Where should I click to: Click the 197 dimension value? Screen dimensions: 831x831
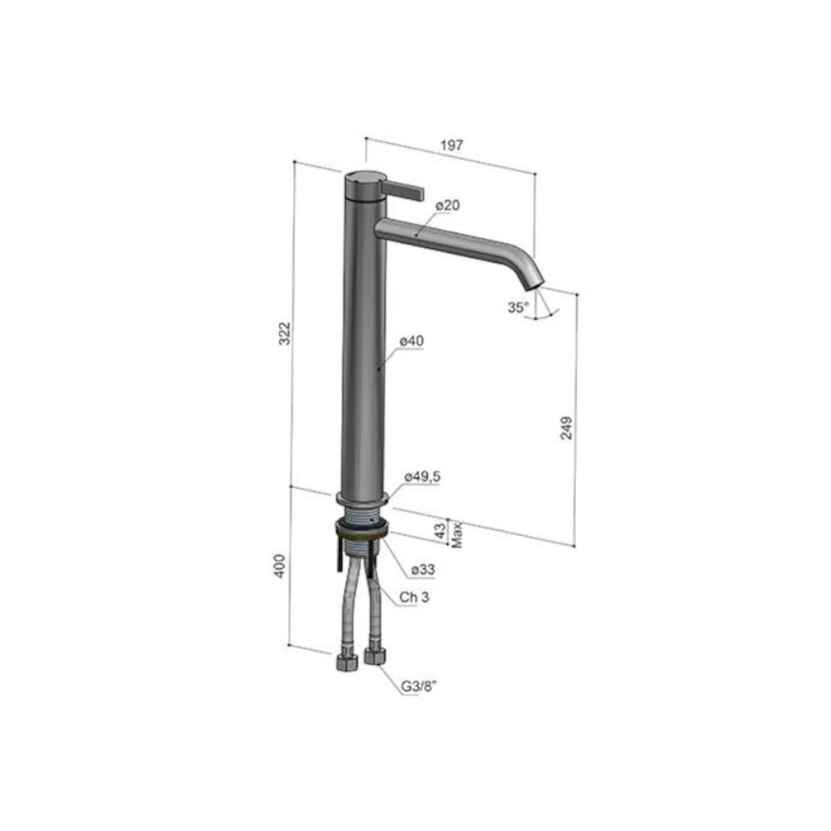pos(451,145)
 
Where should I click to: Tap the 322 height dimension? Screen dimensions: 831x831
pos(285,333)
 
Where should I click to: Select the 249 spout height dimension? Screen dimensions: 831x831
pos(567,428)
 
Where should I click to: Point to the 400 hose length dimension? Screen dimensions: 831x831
pos(280,565)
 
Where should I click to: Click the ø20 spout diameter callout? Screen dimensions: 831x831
pos(448,205)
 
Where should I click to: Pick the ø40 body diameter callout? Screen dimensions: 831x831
pos(412,341)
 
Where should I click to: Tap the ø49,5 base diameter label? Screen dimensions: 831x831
pos(422,476)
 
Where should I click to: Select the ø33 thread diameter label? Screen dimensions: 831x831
pos(423,569)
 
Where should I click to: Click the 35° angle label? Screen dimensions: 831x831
pos(518,307)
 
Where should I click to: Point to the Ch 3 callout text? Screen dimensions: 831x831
pos(415,597)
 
